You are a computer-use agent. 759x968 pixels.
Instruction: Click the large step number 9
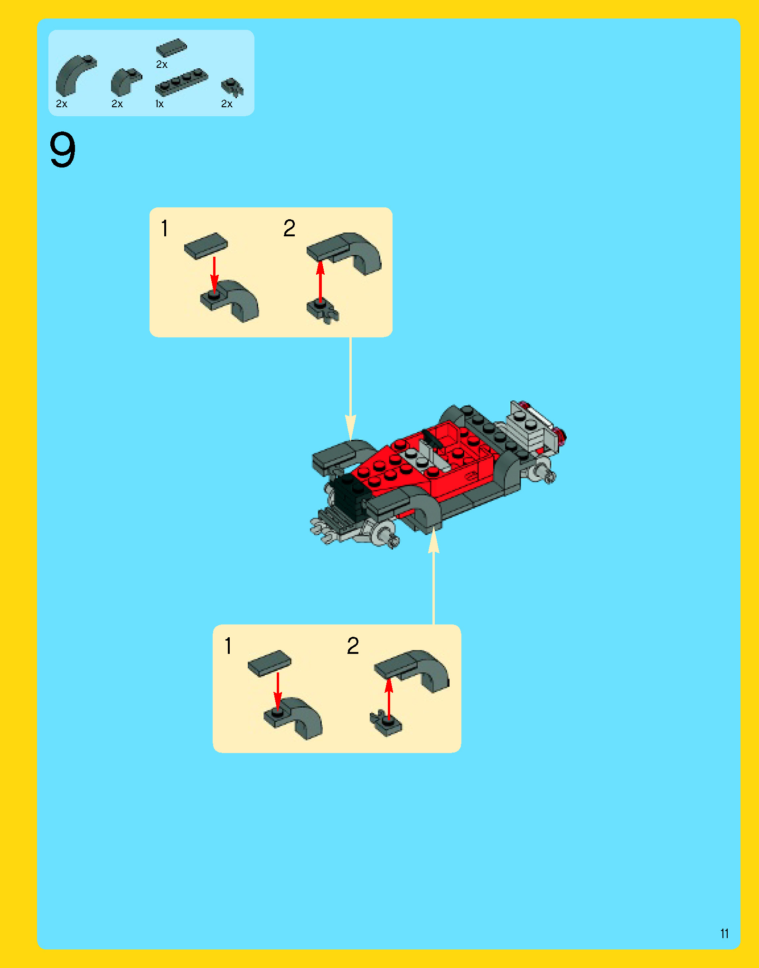click(x=62, y=149)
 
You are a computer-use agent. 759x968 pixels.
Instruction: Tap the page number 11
click(x=724, y=934)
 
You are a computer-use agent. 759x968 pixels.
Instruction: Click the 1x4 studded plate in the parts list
click(x=181, y=83)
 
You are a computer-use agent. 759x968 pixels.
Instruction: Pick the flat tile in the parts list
click(x=171, y=48)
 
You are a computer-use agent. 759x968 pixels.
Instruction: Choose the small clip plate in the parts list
click(x=232, y=87)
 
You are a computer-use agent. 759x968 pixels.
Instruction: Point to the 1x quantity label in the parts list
click(x=159, y=104)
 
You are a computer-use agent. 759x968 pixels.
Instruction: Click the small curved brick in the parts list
click(x=126, y=82)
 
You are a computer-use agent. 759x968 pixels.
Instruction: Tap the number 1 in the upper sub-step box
click(x=164, y=228)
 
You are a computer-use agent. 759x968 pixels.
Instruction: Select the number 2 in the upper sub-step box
click(x=289, y=228)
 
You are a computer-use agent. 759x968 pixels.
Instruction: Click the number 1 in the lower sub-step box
click(x=228, y=646)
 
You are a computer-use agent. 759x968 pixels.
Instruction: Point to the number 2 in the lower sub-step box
click(x=353, y=646)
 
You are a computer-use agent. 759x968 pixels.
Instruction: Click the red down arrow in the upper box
click(x=215, y=275)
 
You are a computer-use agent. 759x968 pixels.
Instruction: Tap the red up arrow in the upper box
click(x=320, y=281)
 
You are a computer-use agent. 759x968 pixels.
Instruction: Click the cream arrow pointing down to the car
click(x=350, y=389)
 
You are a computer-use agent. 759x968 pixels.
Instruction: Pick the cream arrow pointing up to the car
click(x=433, y=576)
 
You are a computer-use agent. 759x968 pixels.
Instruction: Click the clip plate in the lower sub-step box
click(x=385, y=723)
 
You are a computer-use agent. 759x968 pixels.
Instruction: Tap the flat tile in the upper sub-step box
click(x=206, y=246)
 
